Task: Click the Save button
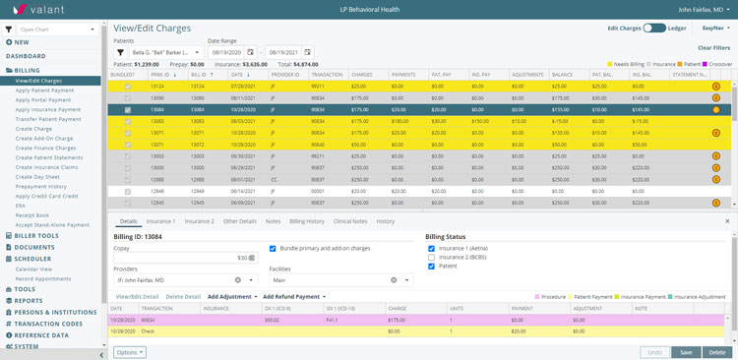point(685,351)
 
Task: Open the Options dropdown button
point(130,351)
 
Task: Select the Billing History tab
point(306,221)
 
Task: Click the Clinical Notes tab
point(351,221)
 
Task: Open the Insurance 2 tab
point(199,221)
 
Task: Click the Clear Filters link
point(713,47)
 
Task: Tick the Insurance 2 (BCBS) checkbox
point(432,257)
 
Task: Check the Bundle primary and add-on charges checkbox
point(273,248)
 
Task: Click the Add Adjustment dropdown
point(233,296)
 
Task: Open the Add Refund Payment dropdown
point(295,296)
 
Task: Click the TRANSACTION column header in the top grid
point(327,74)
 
